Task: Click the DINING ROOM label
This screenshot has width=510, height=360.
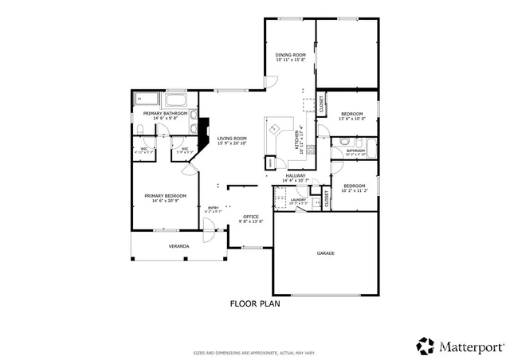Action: coord(291,55)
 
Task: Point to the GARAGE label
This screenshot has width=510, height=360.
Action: coord(325,253)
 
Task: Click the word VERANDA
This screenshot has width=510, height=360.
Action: coord(178,247)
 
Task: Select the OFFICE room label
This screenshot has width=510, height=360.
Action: coord(251,217)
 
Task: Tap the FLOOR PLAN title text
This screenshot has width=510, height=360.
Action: coord(255,303)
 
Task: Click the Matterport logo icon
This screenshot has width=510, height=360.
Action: coord(425,346)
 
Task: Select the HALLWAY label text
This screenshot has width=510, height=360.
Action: coord(296,176)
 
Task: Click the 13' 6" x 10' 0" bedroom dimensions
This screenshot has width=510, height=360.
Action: coord(351,119)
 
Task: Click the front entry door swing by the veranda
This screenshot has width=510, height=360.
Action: coord(209,233)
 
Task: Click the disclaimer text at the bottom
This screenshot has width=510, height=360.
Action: coord(254,352)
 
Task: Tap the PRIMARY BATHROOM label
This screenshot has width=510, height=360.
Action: coord(165,114)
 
